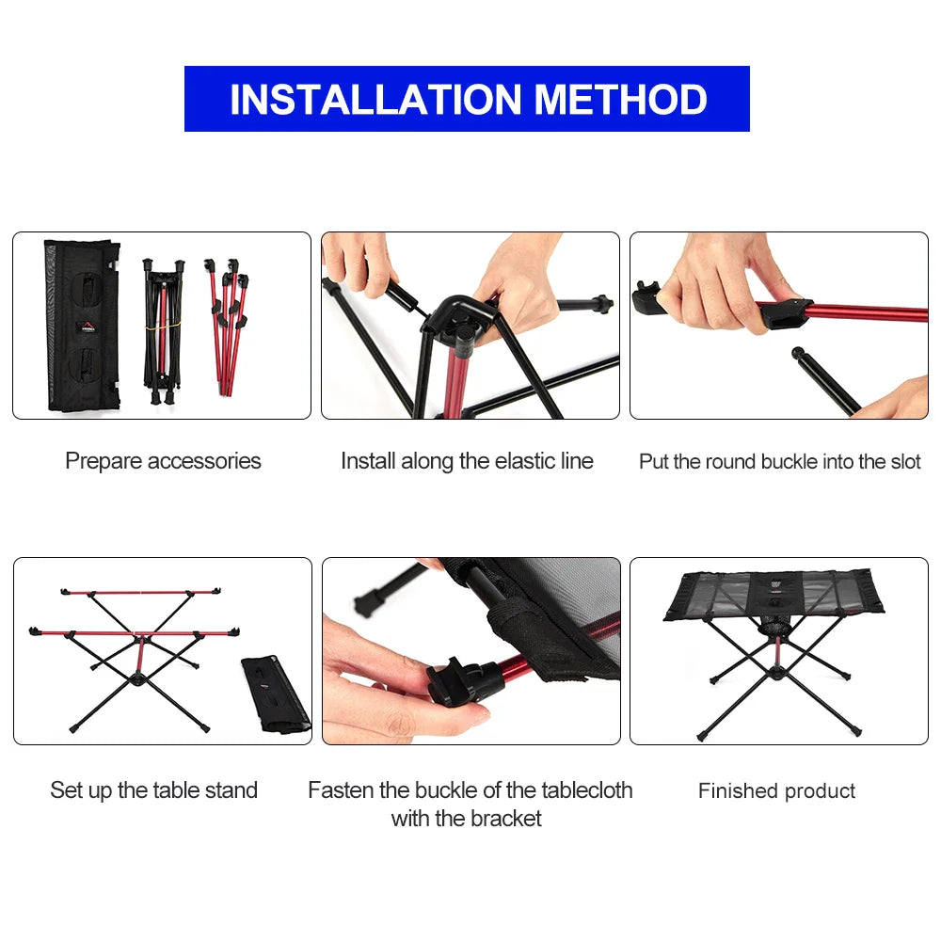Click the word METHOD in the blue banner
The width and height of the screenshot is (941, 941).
tap(621, 100)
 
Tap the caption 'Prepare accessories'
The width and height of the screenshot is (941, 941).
tap(163, 461)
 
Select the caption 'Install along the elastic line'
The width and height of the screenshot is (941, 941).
tap(467, 461)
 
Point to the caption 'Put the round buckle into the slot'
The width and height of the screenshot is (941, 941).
tap(779, 461)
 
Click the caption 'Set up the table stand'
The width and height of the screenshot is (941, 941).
tap(153, 790)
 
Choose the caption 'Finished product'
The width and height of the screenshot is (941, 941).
tap(776, 791)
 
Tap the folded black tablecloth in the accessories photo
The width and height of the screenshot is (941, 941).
tap(82, 325)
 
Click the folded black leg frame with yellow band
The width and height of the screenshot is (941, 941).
tap(163, 325)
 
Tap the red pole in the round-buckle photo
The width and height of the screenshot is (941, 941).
tap(866, 311)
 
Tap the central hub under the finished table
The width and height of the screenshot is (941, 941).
tap(776, 673)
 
